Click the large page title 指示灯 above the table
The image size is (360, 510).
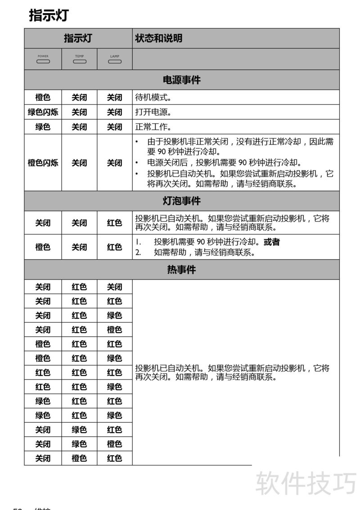49,15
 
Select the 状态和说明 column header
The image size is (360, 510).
159,38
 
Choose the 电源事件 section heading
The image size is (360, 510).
181,80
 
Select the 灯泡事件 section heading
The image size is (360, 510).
181,201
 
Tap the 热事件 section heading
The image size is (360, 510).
181,270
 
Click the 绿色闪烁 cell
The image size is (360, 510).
43,112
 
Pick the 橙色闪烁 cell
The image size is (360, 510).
43,163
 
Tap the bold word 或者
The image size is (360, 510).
272,242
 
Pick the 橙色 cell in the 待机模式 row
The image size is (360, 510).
43,97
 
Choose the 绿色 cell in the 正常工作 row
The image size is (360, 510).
43,127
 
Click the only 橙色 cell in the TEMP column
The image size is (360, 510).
79,458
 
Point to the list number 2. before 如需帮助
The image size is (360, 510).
138,253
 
